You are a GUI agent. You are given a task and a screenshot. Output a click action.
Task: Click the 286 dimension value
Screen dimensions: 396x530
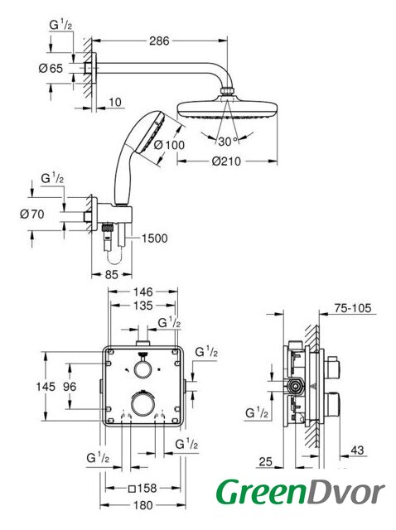tap(159, 41)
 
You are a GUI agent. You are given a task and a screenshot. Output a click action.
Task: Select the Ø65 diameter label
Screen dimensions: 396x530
tap(51, 69)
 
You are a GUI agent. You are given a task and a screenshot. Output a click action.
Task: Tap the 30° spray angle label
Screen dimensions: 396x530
tap(227, 142)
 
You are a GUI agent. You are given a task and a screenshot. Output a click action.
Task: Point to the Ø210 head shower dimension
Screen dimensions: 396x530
tap(226, 161)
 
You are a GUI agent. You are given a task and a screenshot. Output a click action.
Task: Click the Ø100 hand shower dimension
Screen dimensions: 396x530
tap(170, 145)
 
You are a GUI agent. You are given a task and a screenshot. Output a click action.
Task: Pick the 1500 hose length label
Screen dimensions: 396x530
tap(155, 238)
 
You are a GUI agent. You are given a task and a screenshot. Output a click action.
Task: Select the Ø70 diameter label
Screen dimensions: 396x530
tap(32, 214)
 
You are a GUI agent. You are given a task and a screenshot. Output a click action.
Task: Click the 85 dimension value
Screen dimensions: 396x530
tap(111, 275)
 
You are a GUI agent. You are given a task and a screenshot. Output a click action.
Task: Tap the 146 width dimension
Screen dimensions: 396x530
tap(143, 291)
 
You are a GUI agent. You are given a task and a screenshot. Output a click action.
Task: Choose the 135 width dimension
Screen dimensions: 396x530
tap(143, 306)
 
